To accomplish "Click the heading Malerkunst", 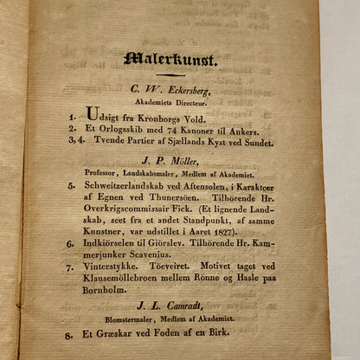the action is tap(170, 61).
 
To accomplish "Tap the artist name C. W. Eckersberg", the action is tap(170, 89).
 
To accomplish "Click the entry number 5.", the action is tap(71, 184).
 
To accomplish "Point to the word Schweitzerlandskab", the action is tap(127, 184).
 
